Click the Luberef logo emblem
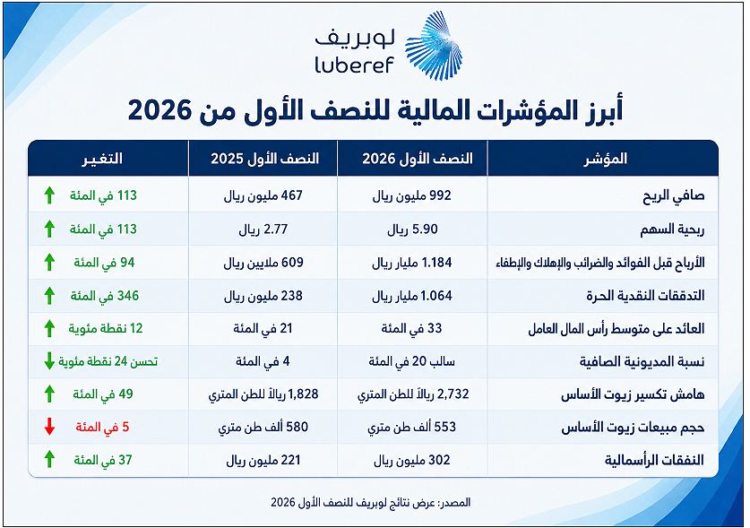pyautogui.click(x=434, y=46)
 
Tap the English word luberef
pyautogui.click(x=354, y=65)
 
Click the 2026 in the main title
pyautogui.click(x=159, y=110)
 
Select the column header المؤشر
pyautogui.click(x=605, y=159)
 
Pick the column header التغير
pyautogui.click(x=102, y=159)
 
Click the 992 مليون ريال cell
pyautogui.click(x=412, y=195)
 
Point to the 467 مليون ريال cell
pyautogui.click(x=263, y=195)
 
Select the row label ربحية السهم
pyautogui.click(x=672, y=229)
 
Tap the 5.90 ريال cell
pyautogui.click(x=412, y=229)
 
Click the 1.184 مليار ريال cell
pyautogui.click(x=412, y=263)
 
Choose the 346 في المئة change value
pyautogui.click(x=105, y=296)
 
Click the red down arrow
pyautogui.click(x=49, y=427)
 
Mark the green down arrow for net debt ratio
pyautogui.click(x=49, y=361)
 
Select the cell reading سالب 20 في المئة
pyautogui.click(x=412, y=361)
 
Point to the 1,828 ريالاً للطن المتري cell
pyautogui.click(x=263, y=394)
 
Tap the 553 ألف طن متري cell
pyautogui.click(x=412, y=427)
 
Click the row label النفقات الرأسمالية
pyautogui.click(x=654, y=460)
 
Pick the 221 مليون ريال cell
pyautogui.click(x=263, y=461)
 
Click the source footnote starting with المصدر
pyautogui.click(x=371, y=502)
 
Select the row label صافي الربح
pyautogui.click(x=674, y=196)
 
